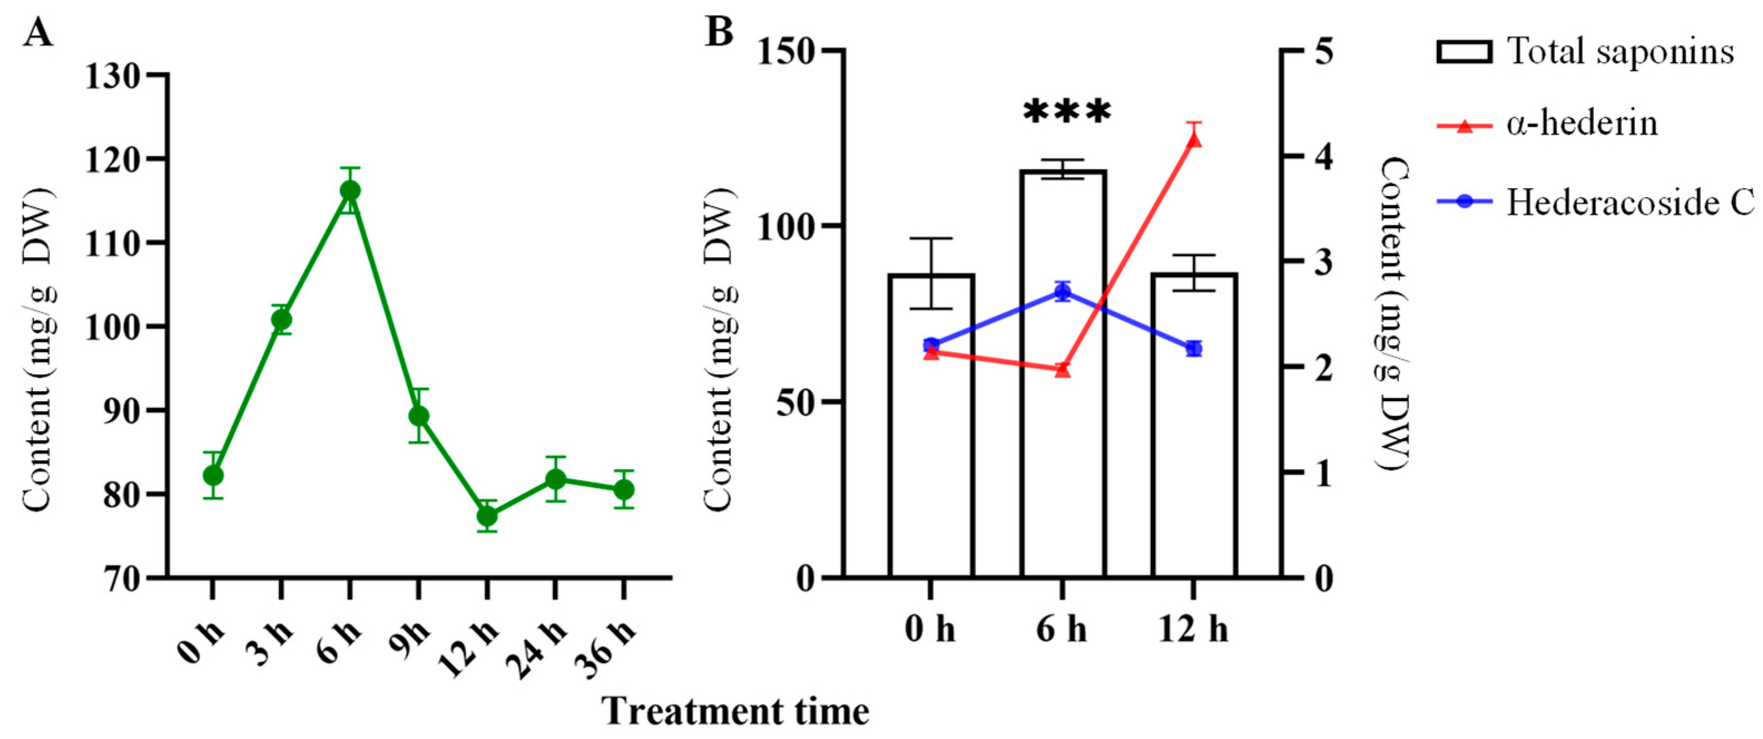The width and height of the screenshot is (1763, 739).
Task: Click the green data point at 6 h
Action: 349,191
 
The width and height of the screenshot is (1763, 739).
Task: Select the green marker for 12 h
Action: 486,516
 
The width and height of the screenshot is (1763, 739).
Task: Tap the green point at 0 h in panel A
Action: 213,475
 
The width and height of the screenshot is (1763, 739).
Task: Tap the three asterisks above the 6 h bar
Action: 1066,113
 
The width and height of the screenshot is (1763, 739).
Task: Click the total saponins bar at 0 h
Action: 931,424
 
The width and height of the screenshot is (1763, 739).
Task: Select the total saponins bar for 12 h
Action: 1194,424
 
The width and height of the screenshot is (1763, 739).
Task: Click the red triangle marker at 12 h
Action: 1194,140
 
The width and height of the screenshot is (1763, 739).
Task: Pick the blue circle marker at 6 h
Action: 1062,292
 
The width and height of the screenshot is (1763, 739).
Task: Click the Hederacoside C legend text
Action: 1629,203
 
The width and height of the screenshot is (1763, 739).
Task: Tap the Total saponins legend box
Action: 1464,52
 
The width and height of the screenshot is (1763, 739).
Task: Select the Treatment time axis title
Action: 736,711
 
